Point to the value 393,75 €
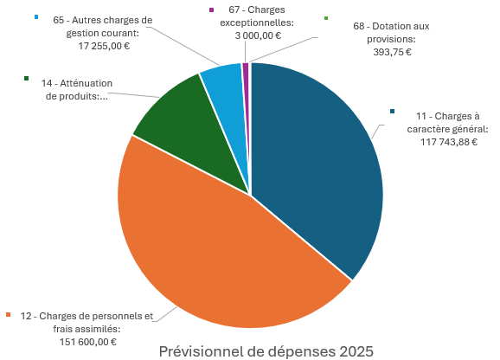coord(390,52)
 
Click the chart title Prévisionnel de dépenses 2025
coord(266,351)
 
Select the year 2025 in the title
coord(356,351)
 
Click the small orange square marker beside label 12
coord(9,315)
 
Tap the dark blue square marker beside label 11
coord(394,112)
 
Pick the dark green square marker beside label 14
coord(28,79)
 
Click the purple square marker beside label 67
coord(212,10)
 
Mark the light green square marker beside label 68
coord(325,18)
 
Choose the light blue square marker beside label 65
coord(36,16)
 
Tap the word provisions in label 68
coord(391,39)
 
